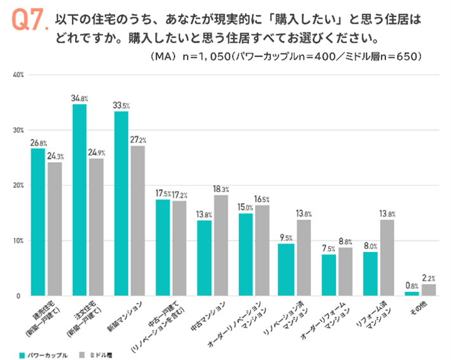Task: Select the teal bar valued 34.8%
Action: point(80,200)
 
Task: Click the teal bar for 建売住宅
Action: point(38,222)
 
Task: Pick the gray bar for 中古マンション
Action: point(221,246)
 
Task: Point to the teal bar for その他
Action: point(412,294)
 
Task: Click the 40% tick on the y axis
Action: point(17,75)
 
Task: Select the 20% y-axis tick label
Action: point(17,186)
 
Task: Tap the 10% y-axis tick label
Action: point(17,241)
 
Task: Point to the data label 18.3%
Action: point(221,189)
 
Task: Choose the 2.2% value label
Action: point(429,279)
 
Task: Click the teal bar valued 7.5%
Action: point(329,275)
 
